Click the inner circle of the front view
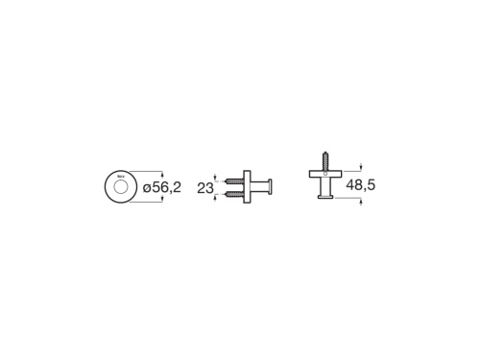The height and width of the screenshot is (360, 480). click(119, 189)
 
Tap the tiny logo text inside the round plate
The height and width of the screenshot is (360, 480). click(120, 177)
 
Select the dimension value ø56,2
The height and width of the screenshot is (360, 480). click(161, 189)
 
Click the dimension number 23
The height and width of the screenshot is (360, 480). click(204, 189)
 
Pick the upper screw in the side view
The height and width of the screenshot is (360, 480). click(235, 180)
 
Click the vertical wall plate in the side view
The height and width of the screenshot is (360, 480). click(249, 187)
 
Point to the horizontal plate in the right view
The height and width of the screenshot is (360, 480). click(325, 172)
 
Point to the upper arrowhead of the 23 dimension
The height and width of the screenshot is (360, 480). click(219, 179)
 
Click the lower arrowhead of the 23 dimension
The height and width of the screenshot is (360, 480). click(219, 196)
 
